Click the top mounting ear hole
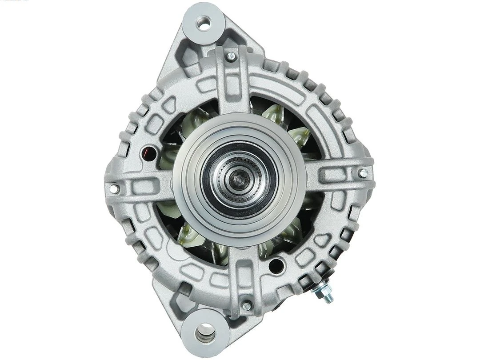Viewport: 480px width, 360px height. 204,23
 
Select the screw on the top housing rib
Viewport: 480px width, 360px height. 231,56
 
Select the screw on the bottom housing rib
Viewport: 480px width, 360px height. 247,305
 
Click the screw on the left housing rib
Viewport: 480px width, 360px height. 114,188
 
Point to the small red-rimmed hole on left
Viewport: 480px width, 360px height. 148,154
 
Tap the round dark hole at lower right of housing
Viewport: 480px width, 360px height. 277,266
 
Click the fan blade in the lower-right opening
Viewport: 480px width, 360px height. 291,233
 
